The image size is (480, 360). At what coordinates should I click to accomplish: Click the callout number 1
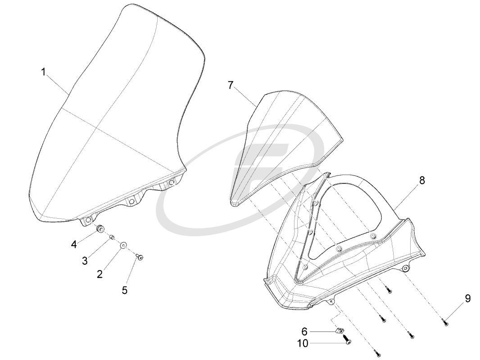tap(44, 72)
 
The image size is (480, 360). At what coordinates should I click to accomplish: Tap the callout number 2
tap(100, 274)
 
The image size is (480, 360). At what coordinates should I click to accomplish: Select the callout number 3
tap(85, 261)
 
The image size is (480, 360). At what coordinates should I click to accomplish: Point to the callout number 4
tap(74, 244)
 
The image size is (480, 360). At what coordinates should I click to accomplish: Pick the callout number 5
tap(125, 290)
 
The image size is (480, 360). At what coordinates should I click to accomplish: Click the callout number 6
tap(304, 332)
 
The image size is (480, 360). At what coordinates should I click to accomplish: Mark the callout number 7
tap(231, 85)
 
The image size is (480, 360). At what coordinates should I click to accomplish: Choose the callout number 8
tap(422, 180)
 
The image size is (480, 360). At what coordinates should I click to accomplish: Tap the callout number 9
tap(468, 298)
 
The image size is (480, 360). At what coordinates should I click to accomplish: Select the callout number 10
tap(303, 343)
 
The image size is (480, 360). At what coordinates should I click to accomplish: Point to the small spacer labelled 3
tap(113, 237)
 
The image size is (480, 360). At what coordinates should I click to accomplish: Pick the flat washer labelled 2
tap(123, 246)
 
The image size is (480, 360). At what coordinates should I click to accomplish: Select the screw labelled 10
tap(348, 341)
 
